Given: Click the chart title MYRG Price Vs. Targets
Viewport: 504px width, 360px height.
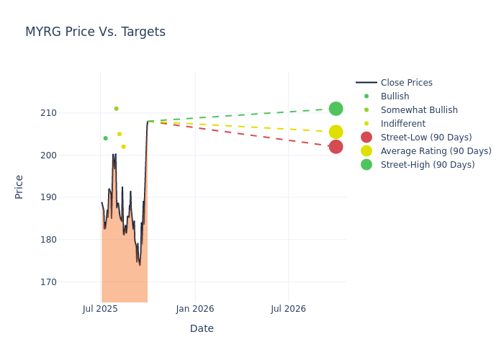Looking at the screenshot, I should click(95, 32).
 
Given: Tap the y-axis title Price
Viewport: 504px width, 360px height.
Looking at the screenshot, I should click(19, 186).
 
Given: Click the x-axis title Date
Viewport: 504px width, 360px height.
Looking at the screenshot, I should click(202, 328).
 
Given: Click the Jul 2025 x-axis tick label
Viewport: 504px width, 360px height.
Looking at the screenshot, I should click(101, 309).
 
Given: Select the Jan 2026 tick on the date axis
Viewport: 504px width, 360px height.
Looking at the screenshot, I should click(195, 309).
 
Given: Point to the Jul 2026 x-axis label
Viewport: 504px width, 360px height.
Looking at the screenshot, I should click(288, 309).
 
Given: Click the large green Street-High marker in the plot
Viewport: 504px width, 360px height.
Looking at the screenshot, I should click(336, 109).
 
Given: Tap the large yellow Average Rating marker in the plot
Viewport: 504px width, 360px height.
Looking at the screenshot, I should click(336, 132).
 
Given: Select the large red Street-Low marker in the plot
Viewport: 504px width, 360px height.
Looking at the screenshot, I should click(336, 147).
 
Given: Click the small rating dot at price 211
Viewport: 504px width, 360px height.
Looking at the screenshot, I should click(116, 109).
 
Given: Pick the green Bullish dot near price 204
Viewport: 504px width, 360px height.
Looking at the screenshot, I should click(105, 138).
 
